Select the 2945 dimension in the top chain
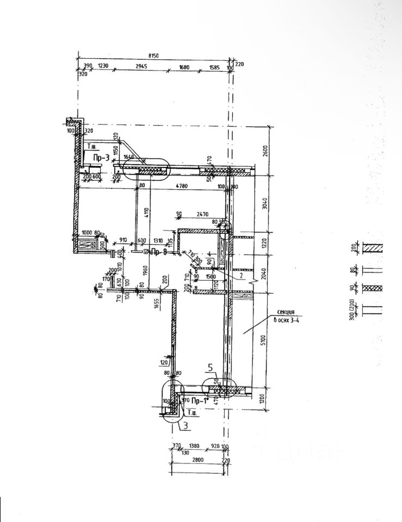point(142,66)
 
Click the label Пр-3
point(101,158)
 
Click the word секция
point(286,313)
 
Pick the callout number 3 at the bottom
point(185,426)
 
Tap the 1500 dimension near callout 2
point(211,277)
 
